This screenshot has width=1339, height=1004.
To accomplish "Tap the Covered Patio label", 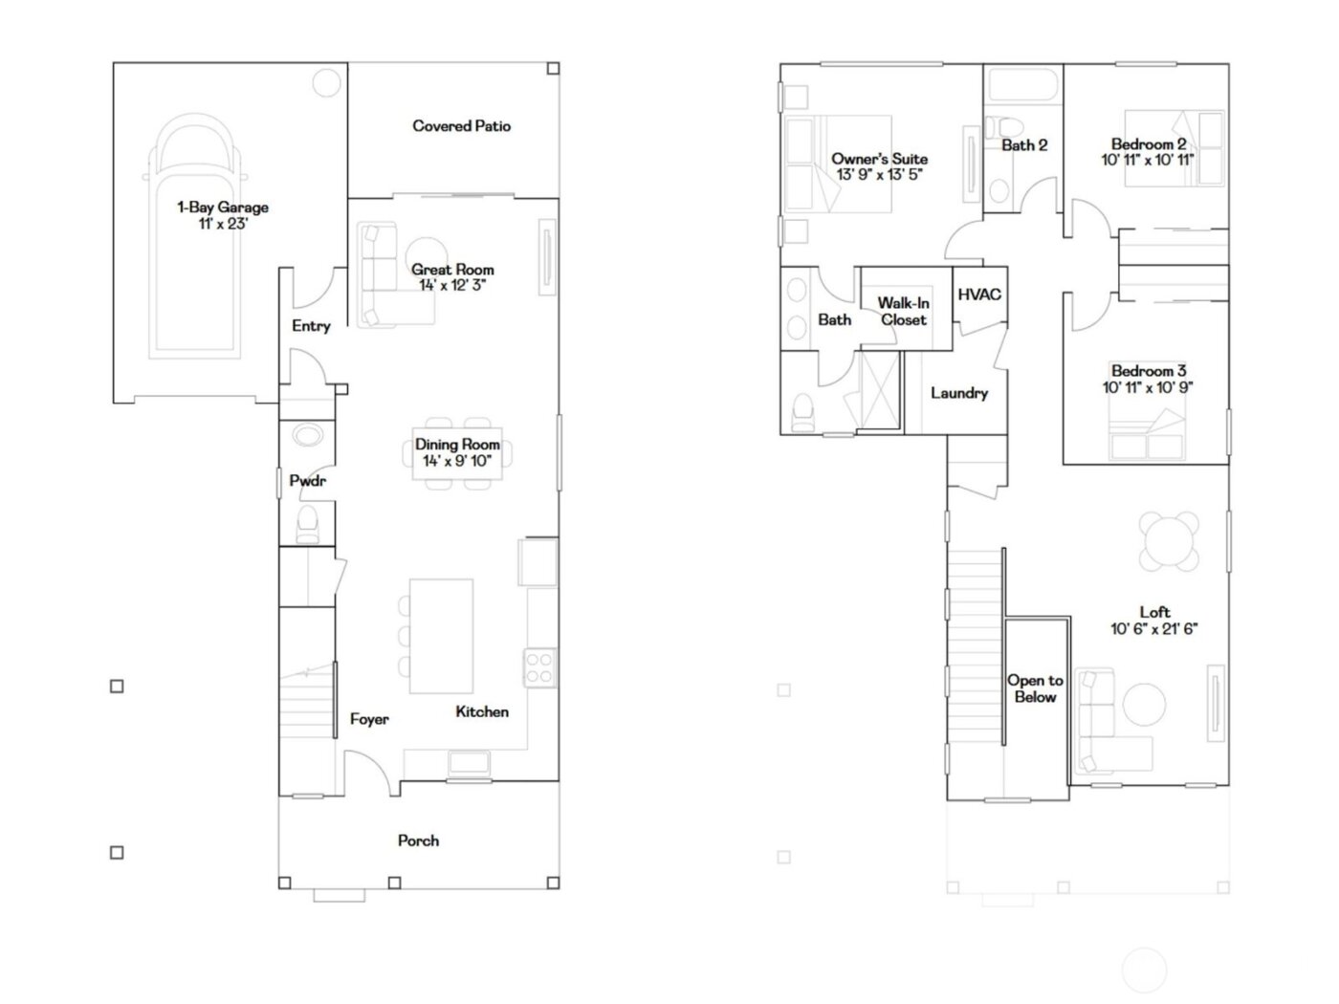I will (x=461, y=126).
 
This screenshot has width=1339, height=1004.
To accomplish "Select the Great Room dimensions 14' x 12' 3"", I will (x=452, y=286).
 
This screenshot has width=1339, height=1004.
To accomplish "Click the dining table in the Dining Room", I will (x=457, y=452).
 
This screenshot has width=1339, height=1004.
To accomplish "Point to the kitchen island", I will (x=441, y=636).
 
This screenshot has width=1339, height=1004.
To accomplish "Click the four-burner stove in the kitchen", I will (x=539, y=666).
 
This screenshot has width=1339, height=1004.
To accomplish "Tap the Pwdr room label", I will (x=307, y=481).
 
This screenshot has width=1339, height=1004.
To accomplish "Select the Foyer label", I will (x=369, y=719).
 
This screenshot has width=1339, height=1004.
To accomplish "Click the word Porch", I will (x=419, y=840).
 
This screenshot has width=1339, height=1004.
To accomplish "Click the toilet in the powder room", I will (x=308, y=524).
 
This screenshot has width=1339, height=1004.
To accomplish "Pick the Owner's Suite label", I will (x=879, y=159).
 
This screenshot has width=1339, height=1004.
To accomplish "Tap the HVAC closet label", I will (x=979, y=295).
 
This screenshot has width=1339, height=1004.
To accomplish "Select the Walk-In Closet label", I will (x=904, y=312).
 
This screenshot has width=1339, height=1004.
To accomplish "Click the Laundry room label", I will (x=958, y=393).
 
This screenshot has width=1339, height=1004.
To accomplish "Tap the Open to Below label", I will (x=1035, y=688).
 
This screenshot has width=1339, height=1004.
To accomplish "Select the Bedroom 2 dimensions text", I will (x=1148, y=161).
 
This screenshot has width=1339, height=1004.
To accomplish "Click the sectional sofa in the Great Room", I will (x=375, y=275).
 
